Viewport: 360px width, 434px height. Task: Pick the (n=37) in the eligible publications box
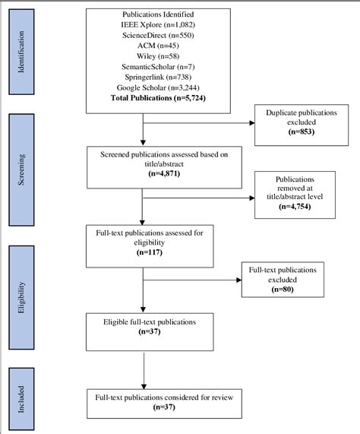tap(143, 331)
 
